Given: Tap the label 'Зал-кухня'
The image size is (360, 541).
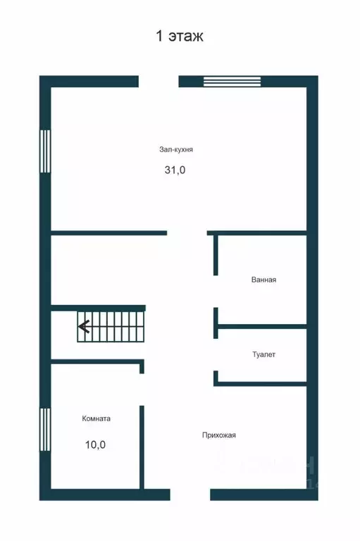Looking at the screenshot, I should point(176,149).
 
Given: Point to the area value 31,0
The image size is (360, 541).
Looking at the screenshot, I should point(176,170).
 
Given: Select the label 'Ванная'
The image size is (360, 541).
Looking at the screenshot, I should point(263,280).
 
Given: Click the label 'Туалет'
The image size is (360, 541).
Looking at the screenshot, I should point(263,354).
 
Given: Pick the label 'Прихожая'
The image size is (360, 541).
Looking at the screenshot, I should point(218,435).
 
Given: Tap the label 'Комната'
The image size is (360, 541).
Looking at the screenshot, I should point(96,418).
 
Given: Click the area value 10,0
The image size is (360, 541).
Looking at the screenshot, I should point(96,444).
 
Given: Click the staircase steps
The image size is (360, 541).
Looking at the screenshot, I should point(113,327).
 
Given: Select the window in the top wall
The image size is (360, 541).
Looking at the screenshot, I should point(232,81).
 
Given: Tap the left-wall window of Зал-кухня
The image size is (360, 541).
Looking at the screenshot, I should point(45,151).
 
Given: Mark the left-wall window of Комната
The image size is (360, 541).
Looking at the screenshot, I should point(45,430).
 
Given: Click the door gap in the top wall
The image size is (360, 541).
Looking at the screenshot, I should point(159,81).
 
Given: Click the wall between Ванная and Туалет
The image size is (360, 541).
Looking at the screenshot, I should point(261,326).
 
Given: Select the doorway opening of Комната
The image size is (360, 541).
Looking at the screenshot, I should point(142,389).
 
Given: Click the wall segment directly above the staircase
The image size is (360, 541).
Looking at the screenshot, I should point(98,308).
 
